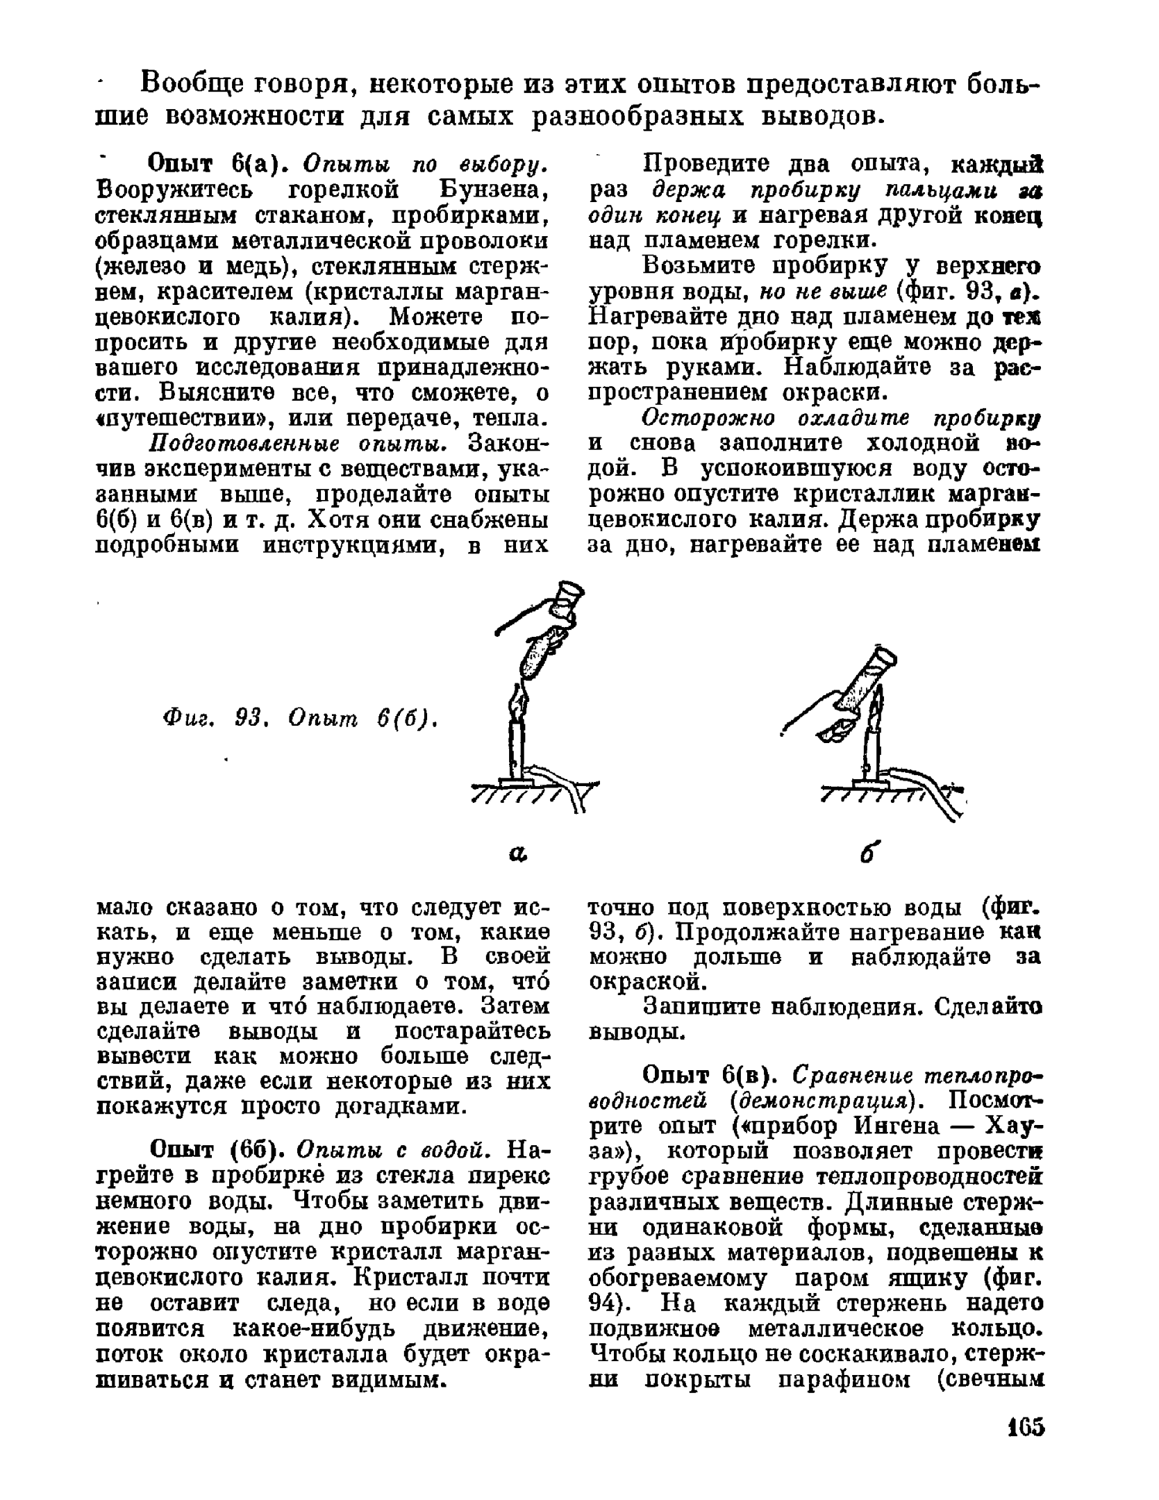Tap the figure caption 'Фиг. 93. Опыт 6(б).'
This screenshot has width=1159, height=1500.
(x=299, y=717)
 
